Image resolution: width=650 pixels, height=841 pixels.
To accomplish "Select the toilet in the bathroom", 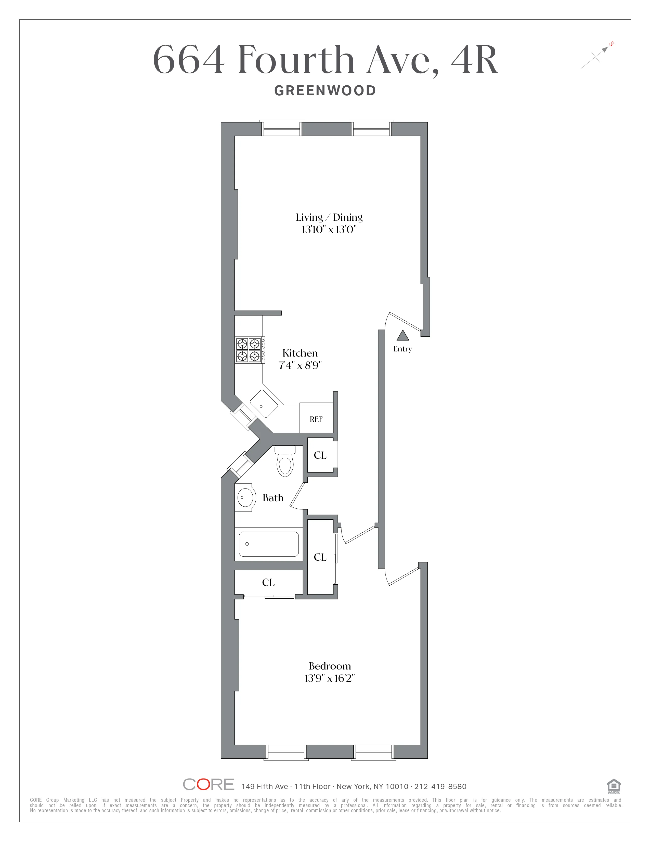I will click(x=285, y=462).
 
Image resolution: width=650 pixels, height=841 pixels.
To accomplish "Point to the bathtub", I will click(x=268, y=544).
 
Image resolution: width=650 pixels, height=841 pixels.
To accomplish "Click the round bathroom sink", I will click(x=245, y=497).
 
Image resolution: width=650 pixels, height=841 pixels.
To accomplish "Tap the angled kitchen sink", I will click(x=264, y=404).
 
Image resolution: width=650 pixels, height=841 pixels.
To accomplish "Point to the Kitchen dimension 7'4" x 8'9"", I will click(x=300, y=365).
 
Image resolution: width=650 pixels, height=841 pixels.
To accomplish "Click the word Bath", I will click(x=273, y=498).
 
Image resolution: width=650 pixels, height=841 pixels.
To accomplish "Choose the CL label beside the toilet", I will click(x=320, y=455).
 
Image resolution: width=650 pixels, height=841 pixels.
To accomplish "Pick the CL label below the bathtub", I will click(x=268, y=582).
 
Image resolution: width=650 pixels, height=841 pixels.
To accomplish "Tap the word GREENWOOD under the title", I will click(x=325, y=91).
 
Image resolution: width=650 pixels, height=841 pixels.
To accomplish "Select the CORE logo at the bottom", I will click(x=208, y=784).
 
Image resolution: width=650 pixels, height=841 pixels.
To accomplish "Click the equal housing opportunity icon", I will click(x=613, y=785).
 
